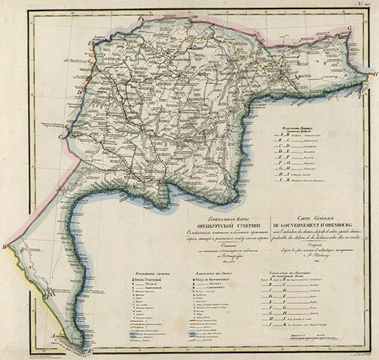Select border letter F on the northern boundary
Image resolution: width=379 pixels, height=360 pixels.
coord(140,15)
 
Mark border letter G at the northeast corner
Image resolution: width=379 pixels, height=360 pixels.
coord(349,29)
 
